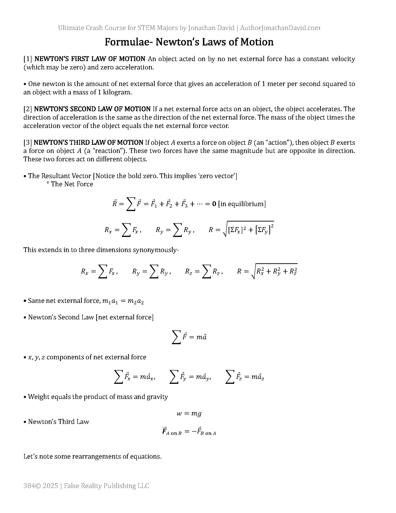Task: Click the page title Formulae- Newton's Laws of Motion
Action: (189, 42)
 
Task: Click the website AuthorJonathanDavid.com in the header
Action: (280, 28)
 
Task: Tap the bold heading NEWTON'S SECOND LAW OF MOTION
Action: (92, 109)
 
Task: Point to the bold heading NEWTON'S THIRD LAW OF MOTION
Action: (88, 143)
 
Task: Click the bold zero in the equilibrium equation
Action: (214, 204)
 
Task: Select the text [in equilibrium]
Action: (242, 204)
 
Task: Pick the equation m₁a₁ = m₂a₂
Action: (123, 301)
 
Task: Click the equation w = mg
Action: (189, 414)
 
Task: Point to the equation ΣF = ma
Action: (189, 337)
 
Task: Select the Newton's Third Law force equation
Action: (189, 432)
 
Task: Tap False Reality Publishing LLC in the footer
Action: (106, 486)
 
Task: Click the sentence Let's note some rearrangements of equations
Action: (92, 457)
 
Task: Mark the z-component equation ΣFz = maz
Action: (245, 377)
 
